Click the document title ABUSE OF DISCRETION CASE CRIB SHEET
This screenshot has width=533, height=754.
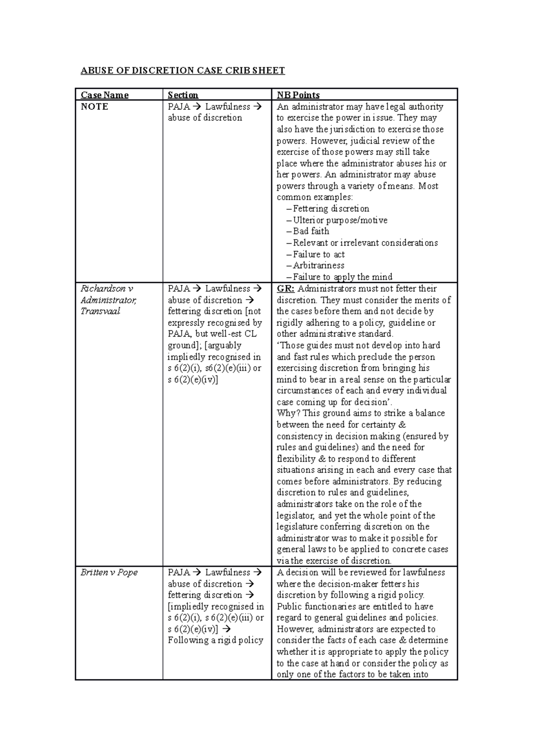coord(182,71)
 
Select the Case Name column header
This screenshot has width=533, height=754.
coord(104,95)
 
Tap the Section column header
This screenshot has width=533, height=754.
coord(183,95)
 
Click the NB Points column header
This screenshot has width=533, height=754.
coord(298,95)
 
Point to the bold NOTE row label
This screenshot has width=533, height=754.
coord(94,107)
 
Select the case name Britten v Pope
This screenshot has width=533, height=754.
coord(109,572)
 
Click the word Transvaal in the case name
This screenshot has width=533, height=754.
coord(100,311)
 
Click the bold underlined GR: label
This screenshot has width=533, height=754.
coord(285,289)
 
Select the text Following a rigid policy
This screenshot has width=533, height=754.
coord(215,640)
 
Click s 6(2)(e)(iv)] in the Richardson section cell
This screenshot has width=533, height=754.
coord(193,380)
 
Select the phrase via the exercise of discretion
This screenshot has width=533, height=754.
coord(334,561)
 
